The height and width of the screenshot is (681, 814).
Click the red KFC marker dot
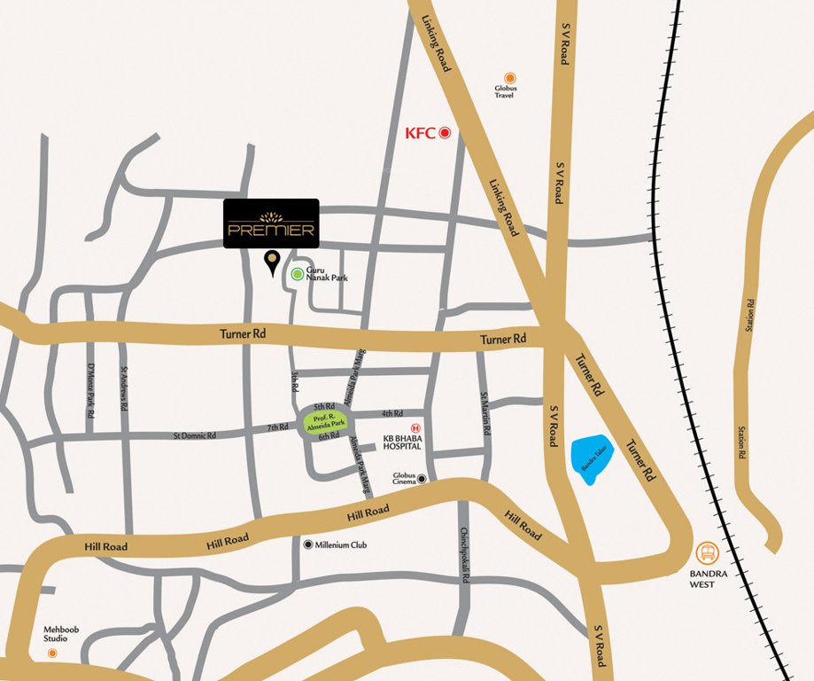point(446,133)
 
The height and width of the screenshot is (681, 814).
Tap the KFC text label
point(420,133)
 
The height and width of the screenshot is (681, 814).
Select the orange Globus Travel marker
point(509,78)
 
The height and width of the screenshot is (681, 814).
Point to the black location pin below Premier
point(272,261)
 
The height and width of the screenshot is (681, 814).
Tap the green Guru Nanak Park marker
point(297,274)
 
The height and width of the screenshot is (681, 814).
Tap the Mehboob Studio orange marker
point(52,653)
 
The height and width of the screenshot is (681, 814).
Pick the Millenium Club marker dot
point(307,544)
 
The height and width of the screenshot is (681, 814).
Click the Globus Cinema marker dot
point(423,479)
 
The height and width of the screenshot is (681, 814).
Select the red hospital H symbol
point(403,427)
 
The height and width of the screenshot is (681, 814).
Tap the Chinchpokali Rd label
point(465,554)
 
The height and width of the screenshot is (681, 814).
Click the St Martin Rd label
point(485,412)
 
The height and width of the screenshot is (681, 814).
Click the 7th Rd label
point(278,427)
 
